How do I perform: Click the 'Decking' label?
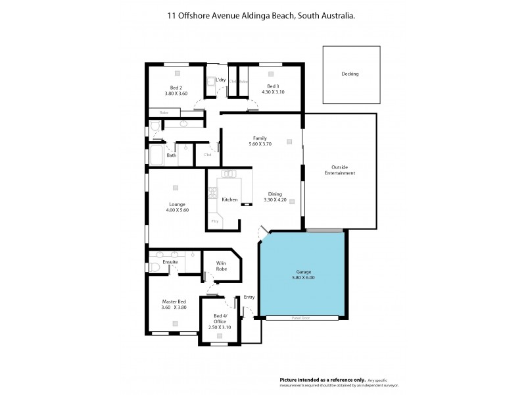pos(350,74)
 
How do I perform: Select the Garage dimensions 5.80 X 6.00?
pos(303,277)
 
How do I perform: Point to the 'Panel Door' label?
pos(302,318)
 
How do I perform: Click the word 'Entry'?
pos(249,298)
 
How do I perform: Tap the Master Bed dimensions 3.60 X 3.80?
pos(175,307)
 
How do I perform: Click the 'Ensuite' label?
pos(170,262)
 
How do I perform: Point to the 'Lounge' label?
pos(177,204)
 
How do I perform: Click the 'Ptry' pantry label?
pos(215,222)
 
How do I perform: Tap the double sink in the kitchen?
pos(229,174)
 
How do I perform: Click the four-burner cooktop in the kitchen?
pos(212,193)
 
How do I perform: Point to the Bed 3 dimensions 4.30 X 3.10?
pos(273,93)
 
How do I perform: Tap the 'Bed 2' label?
pos(176,88)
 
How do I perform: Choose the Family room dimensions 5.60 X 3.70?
pos(260,144)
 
